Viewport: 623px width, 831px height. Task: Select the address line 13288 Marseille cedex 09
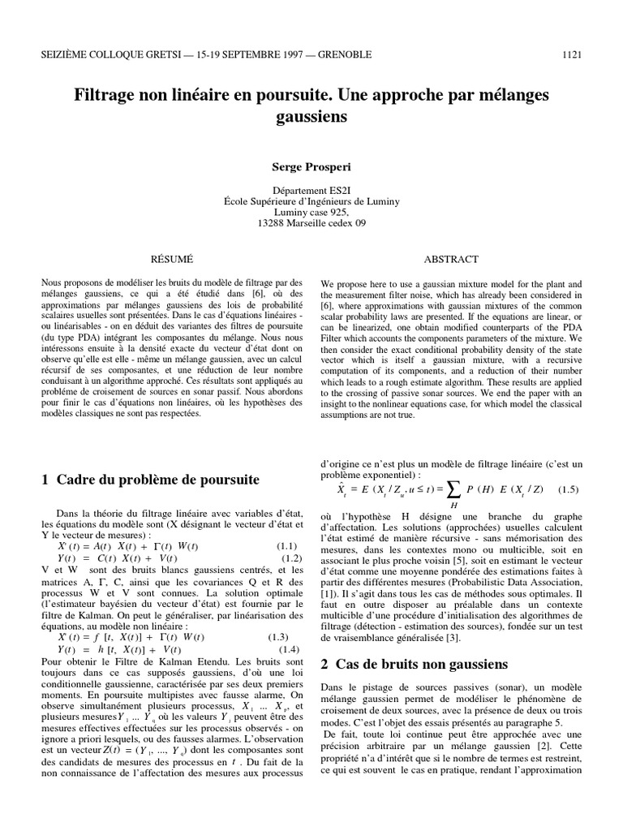311,223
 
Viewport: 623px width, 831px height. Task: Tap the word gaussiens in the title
311,116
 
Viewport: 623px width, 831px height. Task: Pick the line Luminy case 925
311,212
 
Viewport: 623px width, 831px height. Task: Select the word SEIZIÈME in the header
66,54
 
